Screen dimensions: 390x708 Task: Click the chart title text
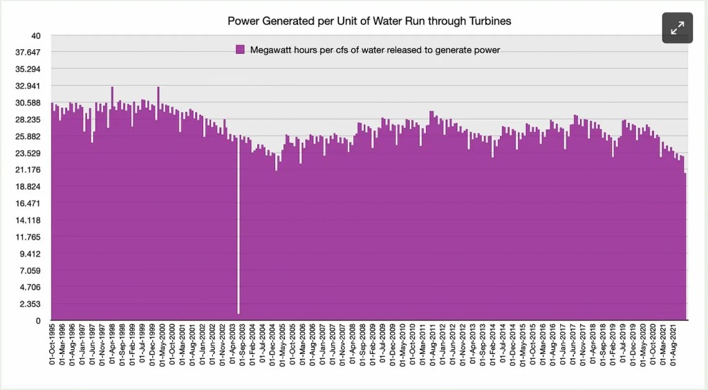[370, 21]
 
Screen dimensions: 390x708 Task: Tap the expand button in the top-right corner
[677, 28]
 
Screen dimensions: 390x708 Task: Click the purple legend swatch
[241, 49]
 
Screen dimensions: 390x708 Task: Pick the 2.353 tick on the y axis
[30, 304]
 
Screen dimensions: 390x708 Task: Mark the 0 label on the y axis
[39, 321]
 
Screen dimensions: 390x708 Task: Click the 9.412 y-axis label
[30, 254]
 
